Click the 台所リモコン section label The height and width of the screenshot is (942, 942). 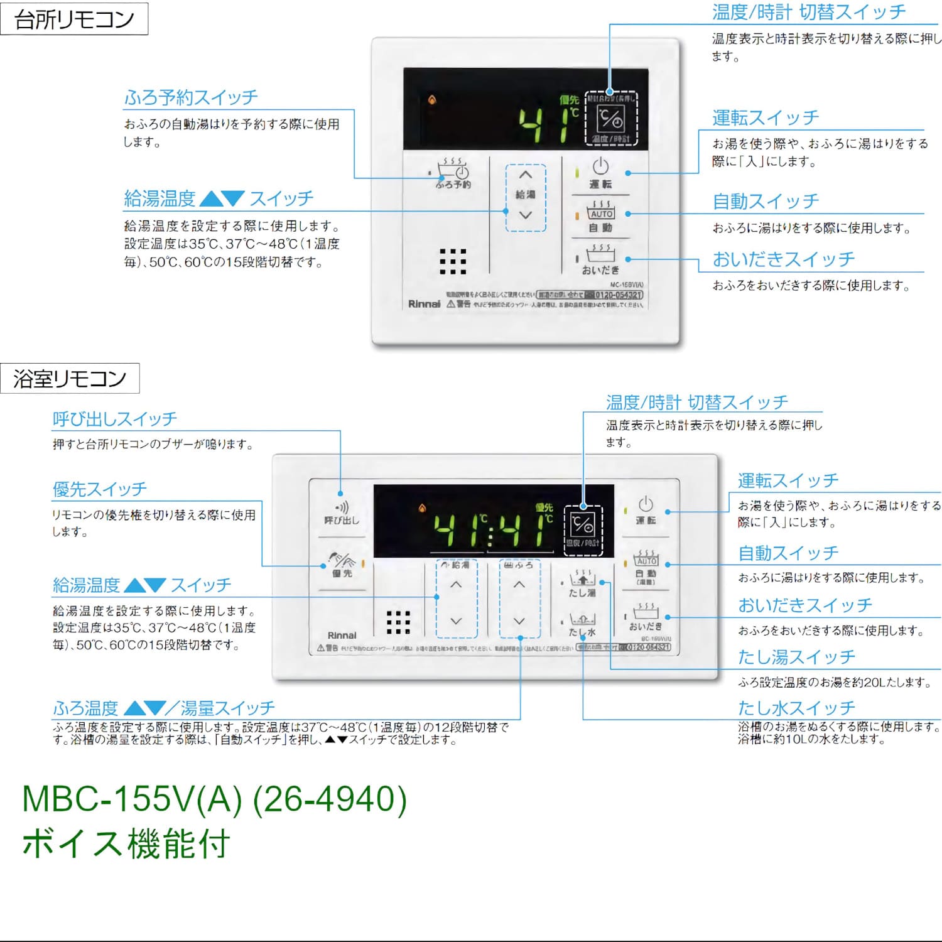[74, 19]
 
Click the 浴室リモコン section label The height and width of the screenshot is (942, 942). [70, 379]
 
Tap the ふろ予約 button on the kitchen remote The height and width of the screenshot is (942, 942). [453, 173]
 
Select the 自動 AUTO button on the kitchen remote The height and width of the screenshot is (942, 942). [600, 217]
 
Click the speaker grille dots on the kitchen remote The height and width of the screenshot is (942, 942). [453, 261]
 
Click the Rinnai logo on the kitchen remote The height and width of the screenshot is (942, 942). [424, 304]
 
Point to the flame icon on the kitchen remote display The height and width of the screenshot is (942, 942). [432, 100]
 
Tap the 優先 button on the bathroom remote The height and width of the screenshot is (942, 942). [342, 564]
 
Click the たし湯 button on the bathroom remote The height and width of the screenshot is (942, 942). [582, 583]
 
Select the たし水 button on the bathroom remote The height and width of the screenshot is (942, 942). [582, 624]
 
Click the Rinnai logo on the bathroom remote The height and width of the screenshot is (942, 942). [342, 636]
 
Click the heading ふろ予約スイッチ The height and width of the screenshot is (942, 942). [191, 97]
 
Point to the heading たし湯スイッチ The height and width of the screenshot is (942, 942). [796, 657]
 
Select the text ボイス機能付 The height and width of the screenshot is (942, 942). [126, 843]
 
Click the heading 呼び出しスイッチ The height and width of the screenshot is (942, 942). [115, 419]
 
